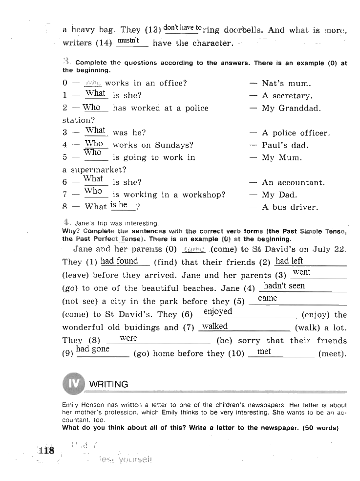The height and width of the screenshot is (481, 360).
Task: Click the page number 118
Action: tap(46, 450)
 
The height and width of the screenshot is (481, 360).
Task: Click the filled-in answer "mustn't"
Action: tap(128, 41)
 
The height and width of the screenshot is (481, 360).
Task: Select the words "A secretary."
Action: tap(287, 96)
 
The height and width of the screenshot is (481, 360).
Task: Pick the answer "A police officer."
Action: tap(296, 133)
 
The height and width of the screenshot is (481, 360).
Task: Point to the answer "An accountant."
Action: tap(293, 183)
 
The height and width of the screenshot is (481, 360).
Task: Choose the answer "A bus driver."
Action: tap(290, 207)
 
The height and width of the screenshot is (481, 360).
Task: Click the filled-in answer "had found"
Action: tap(119, 261)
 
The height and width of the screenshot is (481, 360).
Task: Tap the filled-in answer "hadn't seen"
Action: tap(284, 285)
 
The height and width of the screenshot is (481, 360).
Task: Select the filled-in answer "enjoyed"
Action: tap(218, 311)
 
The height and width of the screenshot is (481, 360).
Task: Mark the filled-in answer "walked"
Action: tap(215, 326)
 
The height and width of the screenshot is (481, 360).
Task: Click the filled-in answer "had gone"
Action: tap(93, 349)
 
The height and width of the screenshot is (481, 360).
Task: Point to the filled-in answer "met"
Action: tap(264, 351)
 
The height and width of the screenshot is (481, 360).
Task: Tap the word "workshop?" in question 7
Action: tap(204, 195)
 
